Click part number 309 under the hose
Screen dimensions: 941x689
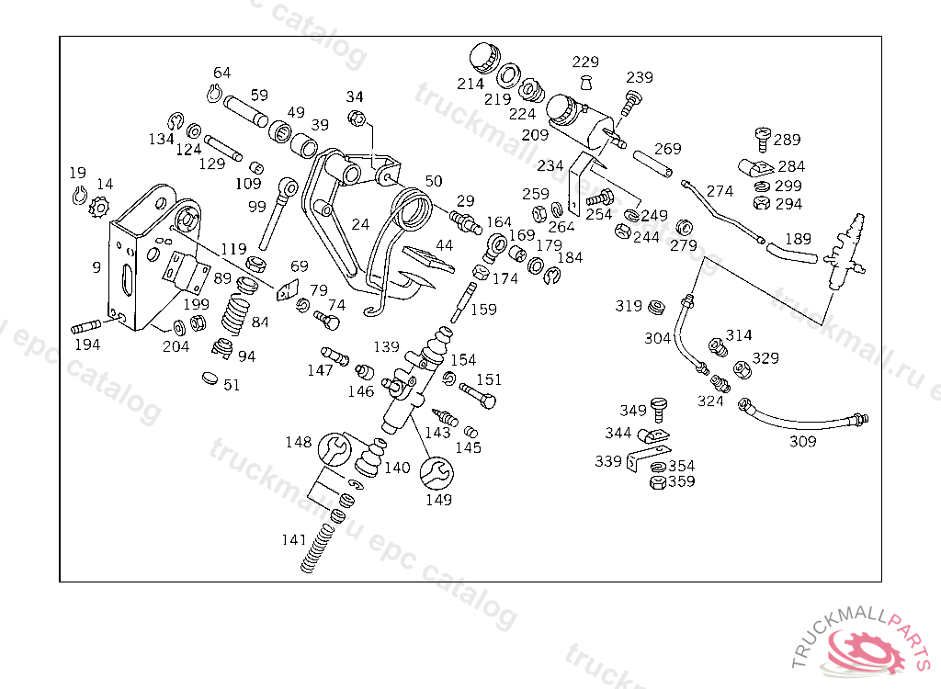tap(802, 441)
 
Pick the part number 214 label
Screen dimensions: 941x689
tap(470, 84)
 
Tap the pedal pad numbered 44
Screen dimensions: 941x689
tap(430, 258)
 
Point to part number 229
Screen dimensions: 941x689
tap(585, 62)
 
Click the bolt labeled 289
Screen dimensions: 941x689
tap(763, 140)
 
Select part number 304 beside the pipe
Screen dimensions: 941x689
tap(657, 338)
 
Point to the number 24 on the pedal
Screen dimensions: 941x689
tap(360, 223)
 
